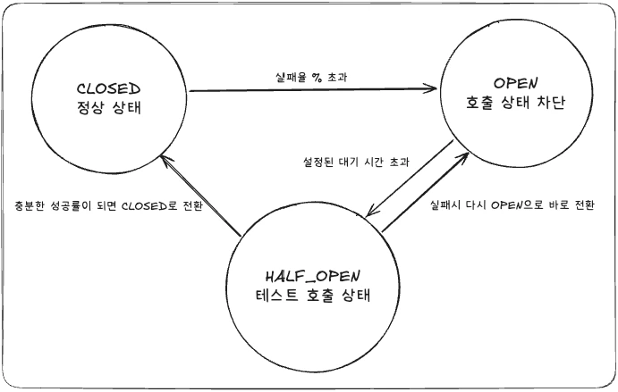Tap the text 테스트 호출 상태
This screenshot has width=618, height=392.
[x=312, y=295]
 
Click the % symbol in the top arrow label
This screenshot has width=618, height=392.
[x=316, y=78]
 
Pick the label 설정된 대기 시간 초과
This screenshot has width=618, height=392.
[x=356, y=163]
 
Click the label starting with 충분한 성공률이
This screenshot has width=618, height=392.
[x=102, y=204]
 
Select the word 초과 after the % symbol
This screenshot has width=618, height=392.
[x=337, y=78]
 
